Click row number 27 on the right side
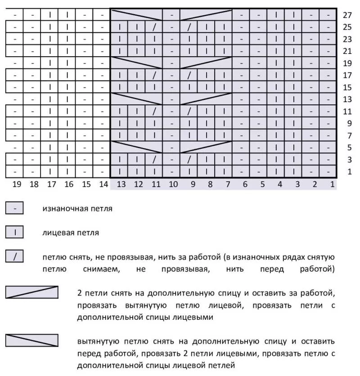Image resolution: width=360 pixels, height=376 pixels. tap(347, 15)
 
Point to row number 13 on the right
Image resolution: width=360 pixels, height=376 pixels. tap(347, 99)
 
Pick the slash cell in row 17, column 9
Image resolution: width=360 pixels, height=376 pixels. tap(189, 75)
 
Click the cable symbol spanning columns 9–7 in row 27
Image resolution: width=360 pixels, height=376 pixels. tap(206, 15)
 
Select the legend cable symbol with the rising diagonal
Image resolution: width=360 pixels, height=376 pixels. tap(32, 292)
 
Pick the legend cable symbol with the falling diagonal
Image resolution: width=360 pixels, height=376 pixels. tap(32, 340)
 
